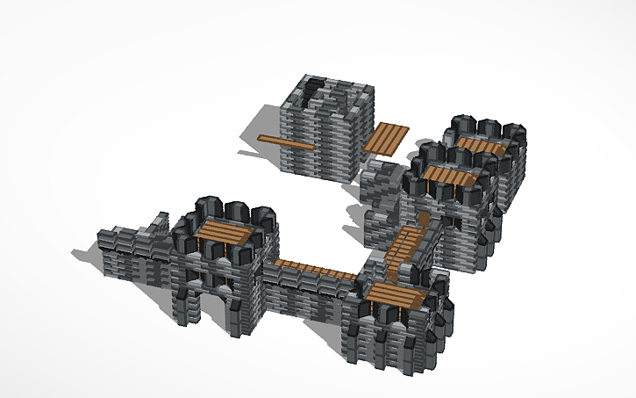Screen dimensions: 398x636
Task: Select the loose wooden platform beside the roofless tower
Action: [x=387, y=139]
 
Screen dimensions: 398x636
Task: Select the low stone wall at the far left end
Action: [x=132, y=250]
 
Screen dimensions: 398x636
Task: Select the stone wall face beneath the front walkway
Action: [x=307, y=294]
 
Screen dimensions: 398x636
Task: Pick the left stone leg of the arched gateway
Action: [x=186, y=303]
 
